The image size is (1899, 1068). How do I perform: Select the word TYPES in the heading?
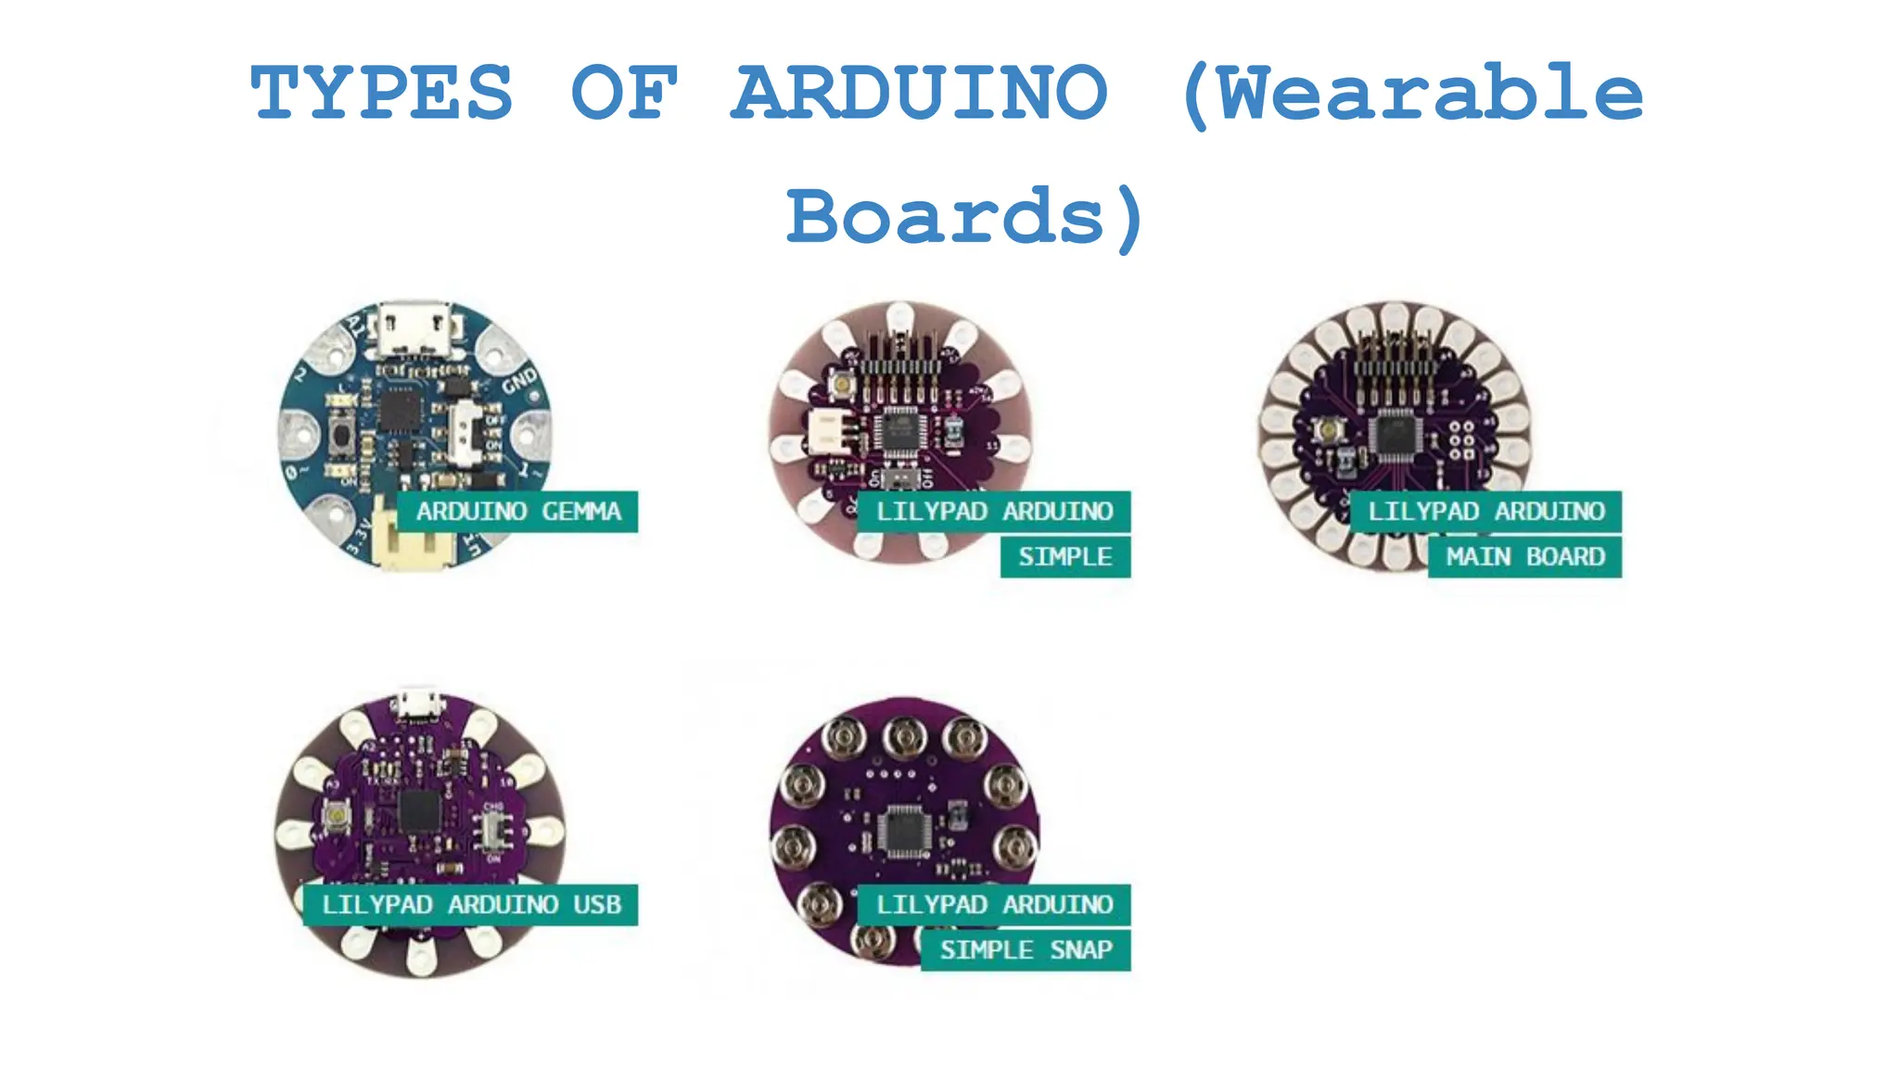point(381,93)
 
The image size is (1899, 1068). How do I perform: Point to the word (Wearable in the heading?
point(1412,93)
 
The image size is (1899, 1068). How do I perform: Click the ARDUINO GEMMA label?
point(517,512)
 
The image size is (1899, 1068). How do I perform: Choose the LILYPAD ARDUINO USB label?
point(470,905)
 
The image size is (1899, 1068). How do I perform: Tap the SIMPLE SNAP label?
point(1026,950)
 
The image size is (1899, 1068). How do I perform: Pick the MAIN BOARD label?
point(1524,557)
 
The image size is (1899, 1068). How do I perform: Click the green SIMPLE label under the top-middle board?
point(1065,557)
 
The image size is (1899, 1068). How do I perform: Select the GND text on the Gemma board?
point(519,380)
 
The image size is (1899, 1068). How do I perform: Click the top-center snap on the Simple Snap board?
point(904,737)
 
